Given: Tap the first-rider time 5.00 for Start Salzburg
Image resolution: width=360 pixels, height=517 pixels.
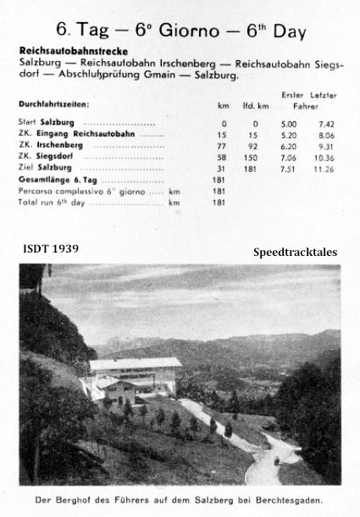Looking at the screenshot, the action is (290, 123).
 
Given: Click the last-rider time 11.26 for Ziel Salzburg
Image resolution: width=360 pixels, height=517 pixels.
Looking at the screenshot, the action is (323, 168).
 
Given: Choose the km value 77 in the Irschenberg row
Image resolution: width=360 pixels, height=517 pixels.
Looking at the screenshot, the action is (224, 146).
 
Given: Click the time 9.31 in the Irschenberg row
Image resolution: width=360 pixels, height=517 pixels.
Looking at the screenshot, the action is (324, 146).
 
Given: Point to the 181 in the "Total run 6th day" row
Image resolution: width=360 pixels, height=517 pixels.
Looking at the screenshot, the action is (223, 203).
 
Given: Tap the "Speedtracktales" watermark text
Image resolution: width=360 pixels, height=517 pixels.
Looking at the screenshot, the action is (294, 253).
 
